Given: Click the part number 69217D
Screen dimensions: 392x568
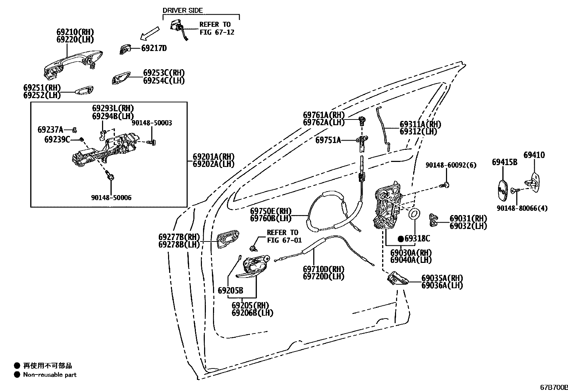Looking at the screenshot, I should [x=154, y=48].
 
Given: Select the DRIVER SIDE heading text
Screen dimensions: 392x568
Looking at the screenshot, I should [x=183, y=10].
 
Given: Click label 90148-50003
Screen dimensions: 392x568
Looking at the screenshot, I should [x=152, y=123].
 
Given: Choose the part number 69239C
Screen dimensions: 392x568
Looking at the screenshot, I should [x=57, y=139].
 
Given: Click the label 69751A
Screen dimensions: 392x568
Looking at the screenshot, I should [x=328, y=140].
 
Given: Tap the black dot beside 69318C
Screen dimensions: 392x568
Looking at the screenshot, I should [x=401, y=239].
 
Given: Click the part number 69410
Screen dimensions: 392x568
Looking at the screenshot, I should [x=534, y=155].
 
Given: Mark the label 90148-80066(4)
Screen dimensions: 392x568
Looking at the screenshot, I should [x=521, y=208].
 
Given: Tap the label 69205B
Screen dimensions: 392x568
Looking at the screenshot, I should [x=230, y=290].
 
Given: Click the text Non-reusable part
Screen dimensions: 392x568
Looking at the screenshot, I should [x=50, y=375].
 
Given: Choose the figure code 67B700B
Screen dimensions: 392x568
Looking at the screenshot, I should [x=553, y=387].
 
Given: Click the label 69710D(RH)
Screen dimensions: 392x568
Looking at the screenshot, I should [x=324, y=269].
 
